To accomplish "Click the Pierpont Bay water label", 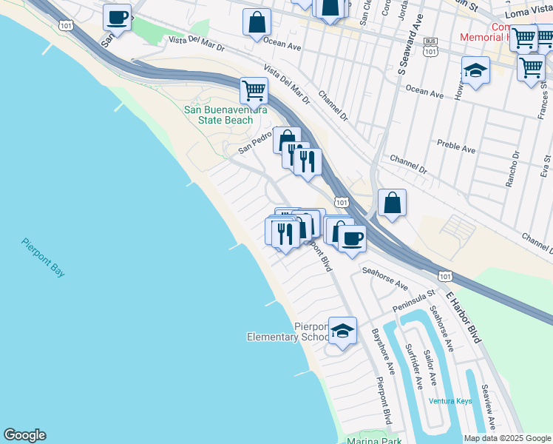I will (x=43, y=258).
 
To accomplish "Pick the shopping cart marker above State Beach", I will (x=254, y=90).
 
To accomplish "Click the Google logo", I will (x=24, y=435).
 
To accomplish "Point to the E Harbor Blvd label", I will (x=463, y=316).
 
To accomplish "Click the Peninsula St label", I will (x=414, y=298).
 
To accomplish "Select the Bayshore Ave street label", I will (x=384, y=351).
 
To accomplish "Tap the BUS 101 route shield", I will (x=430, y=48).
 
